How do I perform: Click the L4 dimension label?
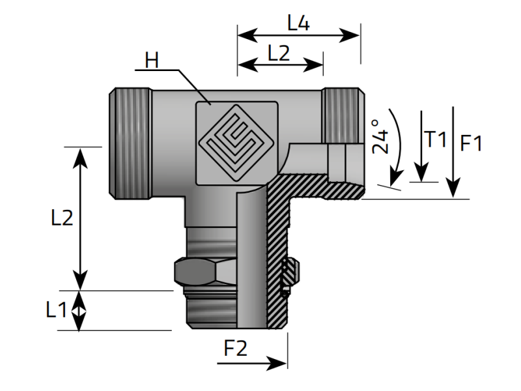click(298, 23)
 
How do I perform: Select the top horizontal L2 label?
click(278, 53)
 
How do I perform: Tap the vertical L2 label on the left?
click(62, 218)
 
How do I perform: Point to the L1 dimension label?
click(57, 311)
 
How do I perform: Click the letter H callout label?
click(152, 61)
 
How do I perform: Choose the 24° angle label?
click(380, 136)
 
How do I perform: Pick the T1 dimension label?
click(435, 139)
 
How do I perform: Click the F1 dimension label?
click(471, 143)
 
